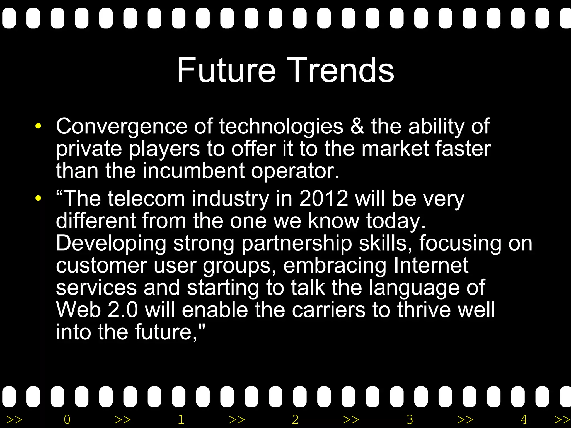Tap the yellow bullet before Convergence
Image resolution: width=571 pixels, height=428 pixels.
[38, 126]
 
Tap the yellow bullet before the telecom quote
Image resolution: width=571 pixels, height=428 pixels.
[38, 198]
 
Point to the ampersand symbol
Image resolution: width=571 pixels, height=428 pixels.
[357, 126]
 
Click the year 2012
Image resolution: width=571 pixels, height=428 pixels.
[323, 198]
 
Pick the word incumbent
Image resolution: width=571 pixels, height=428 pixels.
[193, 171]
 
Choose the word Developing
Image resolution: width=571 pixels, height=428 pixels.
[111, 243]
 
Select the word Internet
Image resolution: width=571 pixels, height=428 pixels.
[431, 265]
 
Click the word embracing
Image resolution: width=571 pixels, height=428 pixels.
[335, 266]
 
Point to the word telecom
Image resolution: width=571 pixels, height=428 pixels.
[146, 198]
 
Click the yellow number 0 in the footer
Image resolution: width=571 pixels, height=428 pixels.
[67, 419]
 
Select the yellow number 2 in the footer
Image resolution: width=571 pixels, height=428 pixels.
[295, 419]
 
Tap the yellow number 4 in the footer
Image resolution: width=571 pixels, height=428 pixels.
[524, 419]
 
